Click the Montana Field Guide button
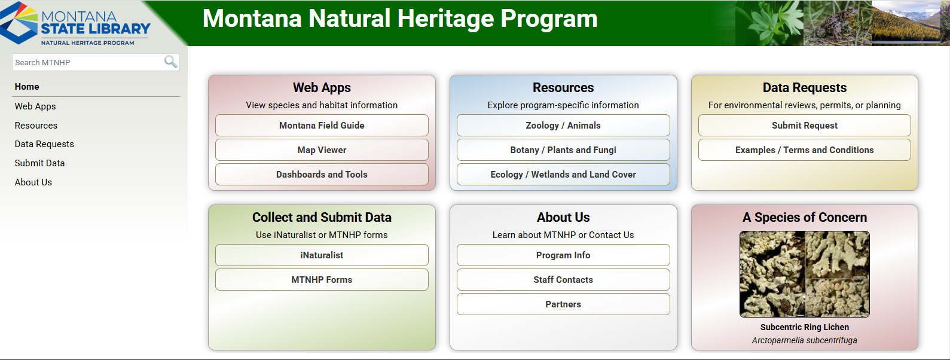coord(322,126)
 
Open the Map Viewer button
coord(322,150)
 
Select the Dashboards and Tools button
coord(322,175)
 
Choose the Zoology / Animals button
coord(563,126)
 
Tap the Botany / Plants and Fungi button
coord(563,150)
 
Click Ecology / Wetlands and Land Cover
coord(563,175)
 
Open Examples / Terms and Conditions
coord(804,150)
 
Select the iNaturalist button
coord(322,255)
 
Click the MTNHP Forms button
coord(322,280)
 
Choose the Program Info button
coord(563,255)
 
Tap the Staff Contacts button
coord(563,280)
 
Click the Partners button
coord(563,304)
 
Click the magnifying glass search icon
coord(170,62)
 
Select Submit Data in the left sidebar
coord(39,163)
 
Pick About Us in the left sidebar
coord(33,182)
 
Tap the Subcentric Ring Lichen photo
coord(804,274)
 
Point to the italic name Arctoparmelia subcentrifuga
coord(804,340)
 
